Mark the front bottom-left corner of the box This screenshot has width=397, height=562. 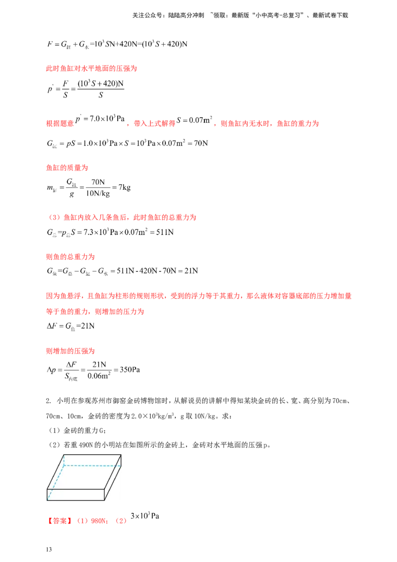pyautogui.click(x=47, y=500)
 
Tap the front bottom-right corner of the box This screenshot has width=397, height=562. pyautogui.click(x=104, y=500)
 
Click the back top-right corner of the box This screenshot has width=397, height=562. pyautogui.click(x=121, y=455)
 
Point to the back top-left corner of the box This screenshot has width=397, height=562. pyautogui.click(x=64, y=455)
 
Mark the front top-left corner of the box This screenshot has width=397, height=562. pyautogui.click(x=47, y=489)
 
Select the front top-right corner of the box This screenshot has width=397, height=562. pyautogui.click(x=104, y=489)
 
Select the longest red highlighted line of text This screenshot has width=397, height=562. pyautogui.click(x=198, y=296)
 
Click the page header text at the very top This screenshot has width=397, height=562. pyautogui.click(x=240, y=16)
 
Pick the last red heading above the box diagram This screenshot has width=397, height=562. pyautogui.click(x=69, y=351)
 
